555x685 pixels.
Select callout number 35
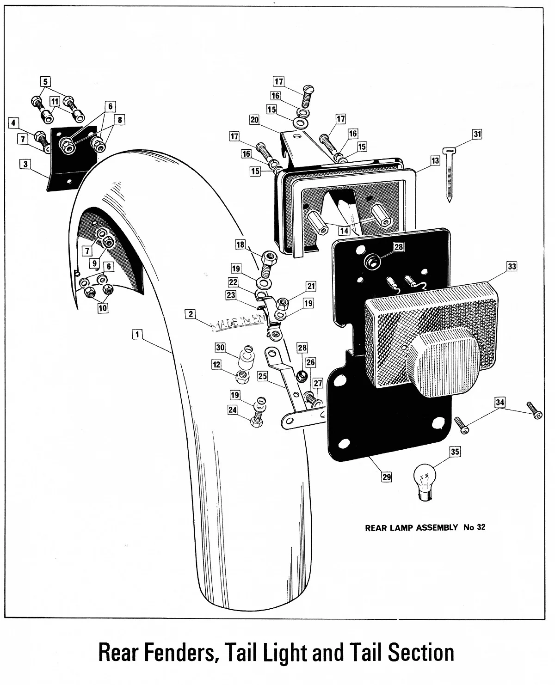click(455, 452)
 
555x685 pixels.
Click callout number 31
click(477, 135)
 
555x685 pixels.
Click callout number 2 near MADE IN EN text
click(189, 314)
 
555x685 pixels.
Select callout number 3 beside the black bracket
click(24, 164)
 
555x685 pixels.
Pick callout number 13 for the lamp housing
click(435, 160)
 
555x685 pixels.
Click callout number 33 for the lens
click(512, 267)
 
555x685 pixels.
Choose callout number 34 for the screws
click(499, 402)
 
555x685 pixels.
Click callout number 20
click(254, 120)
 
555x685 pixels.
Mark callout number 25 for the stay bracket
click(262, 377)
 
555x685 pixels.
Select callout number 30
click(220, 347)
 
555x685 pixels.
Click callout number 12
click(216, 365)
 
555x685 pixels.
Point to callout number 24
click(232, 410)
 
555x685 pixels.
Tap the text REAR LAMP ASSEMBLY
click(412, 527)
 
